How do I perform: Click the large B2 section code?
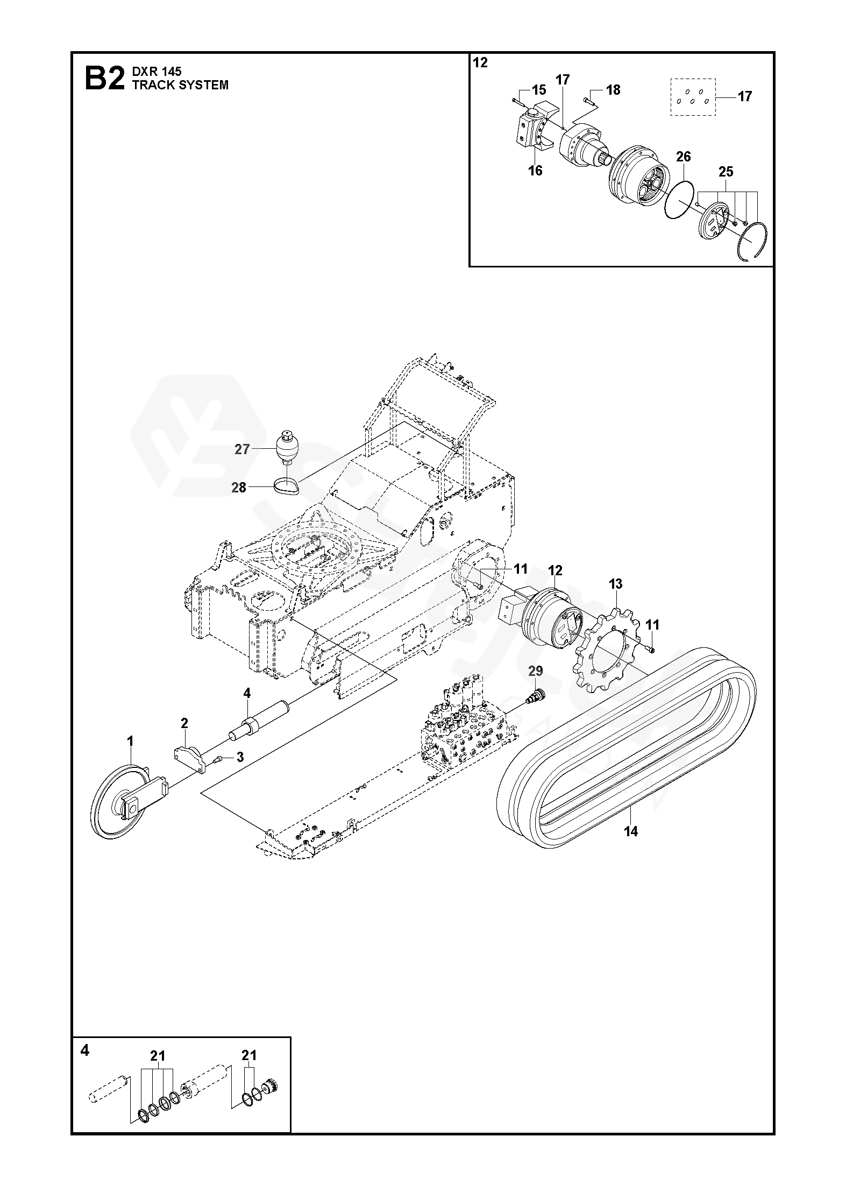click(x=104, y=79)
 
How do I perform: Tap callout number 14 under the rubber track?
click(x=630, y=831)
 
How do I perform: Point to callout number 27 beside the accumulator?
click(x=242, y=449)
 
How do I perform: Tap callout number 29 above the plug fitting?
click(x=535, y=671)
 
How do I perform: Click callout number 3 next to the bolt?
click(x=240, y=757)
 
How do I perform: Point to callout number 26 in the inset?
click(x=683, y=157)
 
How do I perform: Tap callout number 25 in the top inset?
click(x=726, y=172)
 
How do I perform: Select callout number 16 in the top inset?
click(x=535, y=171)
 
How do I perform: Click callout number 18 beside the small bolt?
click(x=613, y=90)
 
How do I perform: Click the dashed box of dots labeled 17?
click(x=694, y=97)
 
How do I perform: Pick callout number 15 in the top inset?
click(x=538, y=89)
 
